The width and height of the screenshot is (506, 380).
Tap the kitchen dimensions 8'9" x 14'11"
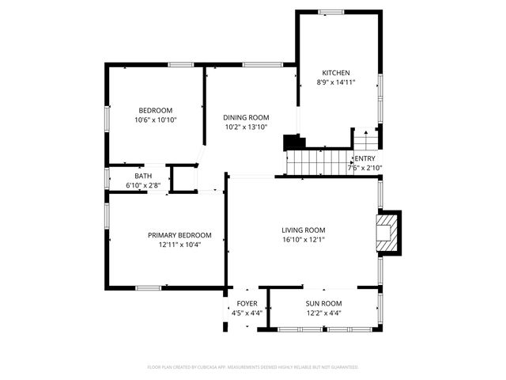tap(335, 82)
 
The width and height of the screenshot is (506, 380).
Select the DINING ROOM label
tap(246, 117)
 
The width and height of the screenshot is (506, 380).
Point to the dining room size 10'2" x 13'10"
tap(246, 127)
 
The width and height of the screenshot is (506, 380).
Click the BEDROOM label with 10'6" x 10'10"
tap(156, 110)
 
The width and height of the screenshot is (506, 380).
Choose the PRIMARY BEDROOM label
tap(179, 235)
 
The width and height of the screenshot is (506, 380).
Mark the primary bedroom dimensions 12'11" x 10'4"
tap(179, 245)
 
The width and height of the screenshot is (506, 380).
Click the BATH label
tap(143, 176)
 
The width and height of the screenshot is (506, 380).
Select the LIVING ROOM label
tap(304, 230)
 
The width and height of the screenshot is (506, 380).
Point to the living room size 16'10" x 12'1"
tap(304, 240)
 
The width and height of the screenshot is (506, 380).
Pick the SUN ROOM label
tap(324, 304)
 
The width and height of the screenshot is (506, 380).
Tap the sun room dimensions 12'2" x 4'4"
tap(324, 313)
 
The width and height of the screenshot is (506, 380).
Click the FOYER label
tap(247, 304)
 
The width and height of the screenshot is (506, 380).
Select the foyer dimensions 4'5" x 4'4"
tap(247, 313)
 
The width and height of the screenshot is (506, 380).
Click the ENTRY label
tap(365, 159)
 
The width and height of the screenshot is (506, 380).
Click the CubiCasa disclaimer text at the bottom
tap(253, 367)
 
